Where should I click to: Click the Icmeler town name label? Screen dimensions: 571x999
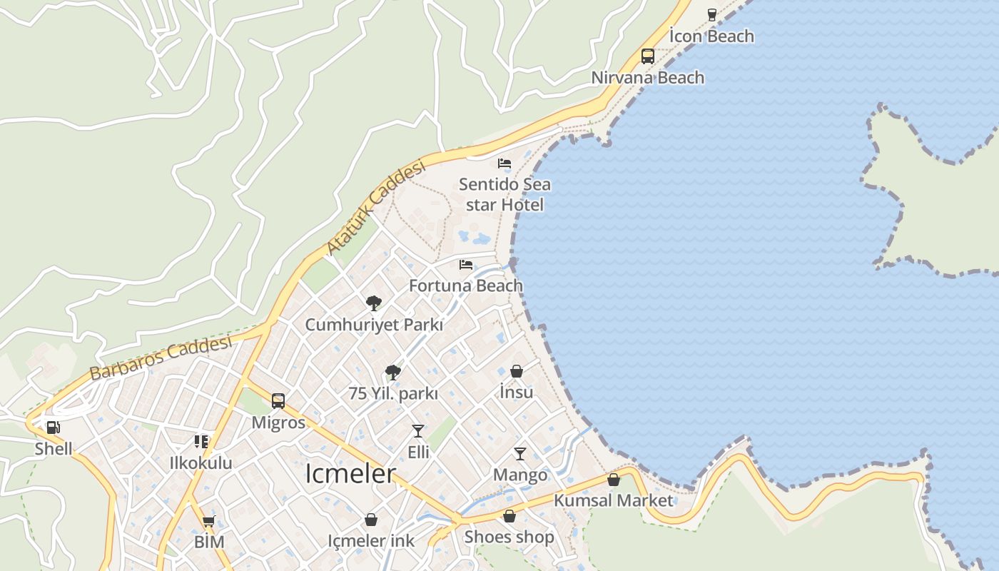coord(350,474)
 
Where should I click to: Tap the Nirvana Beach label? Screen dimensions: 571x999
coord(648,78)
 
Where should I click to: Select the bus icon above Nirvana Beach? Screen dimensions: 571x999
coord(648,56)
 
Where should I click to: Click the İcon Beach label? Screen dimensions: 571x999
coord(711,36)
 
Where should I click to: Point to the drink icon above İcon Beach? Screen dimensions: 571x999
coord(711,14)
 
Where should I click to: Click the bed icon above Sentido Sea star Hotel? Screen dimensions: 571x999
coord(504,163)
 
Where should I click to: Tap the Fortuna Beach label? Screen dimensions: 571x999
coord(466,286)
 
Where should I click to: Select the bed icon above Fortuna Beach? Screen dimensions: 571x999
coord(466,265)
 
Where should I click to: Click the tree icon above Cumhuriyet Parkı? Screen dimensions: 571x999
coord(374,303)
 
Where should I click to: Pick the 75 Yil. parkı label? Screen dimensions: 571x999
coord(393,393)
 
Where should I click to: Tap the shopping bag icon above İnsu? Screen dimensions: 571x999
coord(517,371)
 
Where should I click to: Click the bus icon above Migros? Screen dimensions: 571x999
coord(278,401)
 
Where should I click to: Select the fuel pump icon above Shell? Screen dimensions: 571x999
coord(54,428)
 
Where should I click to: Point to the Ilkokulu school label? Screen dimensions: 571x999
coord(201,463)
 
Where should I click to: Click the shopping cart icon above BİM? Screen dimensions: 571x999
coord(209,520)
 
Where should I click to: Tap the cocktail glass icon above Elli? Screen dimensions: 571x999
coord(418,431)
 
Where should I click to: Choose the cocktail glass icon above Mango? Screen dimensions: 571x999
coord(520,454)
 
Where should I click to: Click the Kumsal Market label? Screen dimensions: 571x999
coord(614,500)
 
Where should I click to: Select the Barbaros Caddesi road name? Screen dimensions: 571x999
coord(161,358)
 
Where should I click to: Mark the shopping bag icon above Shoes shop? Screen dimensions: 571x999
coord(509,516)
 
